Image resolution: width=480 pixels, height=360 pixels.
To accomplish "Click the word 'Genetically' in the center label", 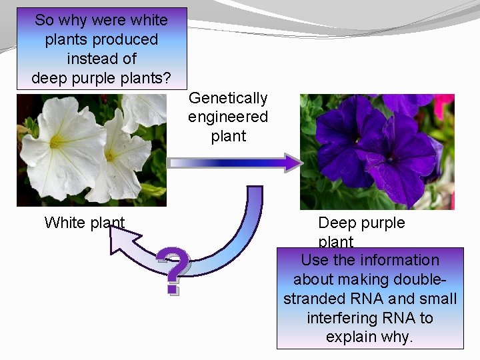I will pyautogui.click(x=228, y=99).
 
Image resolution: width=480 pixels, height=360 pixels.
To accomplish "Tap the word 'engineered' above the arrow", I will pyautogui.click(x=228, y=117).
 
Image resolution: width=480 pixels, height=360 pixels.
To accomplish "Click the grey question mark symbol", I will pyautogui.click(x=174, y=271).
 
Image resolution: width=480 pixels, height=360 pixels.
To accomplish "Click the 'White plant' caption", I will pyautogui.click(x=85, y=223).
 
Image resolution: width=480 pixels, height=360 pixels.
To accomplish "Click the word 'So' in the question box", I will pyautogui.click(x=44, y=21).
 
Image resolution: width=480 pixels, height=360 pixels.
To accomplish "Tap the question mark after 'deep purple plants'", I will pyautogui.click(x=167, y=79).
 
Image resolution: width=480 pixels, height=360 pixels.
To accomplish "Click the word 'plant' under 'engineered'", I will pyautogui.click(x=228, y=137).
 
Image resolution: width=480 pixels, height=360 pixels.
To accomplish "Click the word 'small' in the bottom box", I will pyautogui.click(x=436, y=299).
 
